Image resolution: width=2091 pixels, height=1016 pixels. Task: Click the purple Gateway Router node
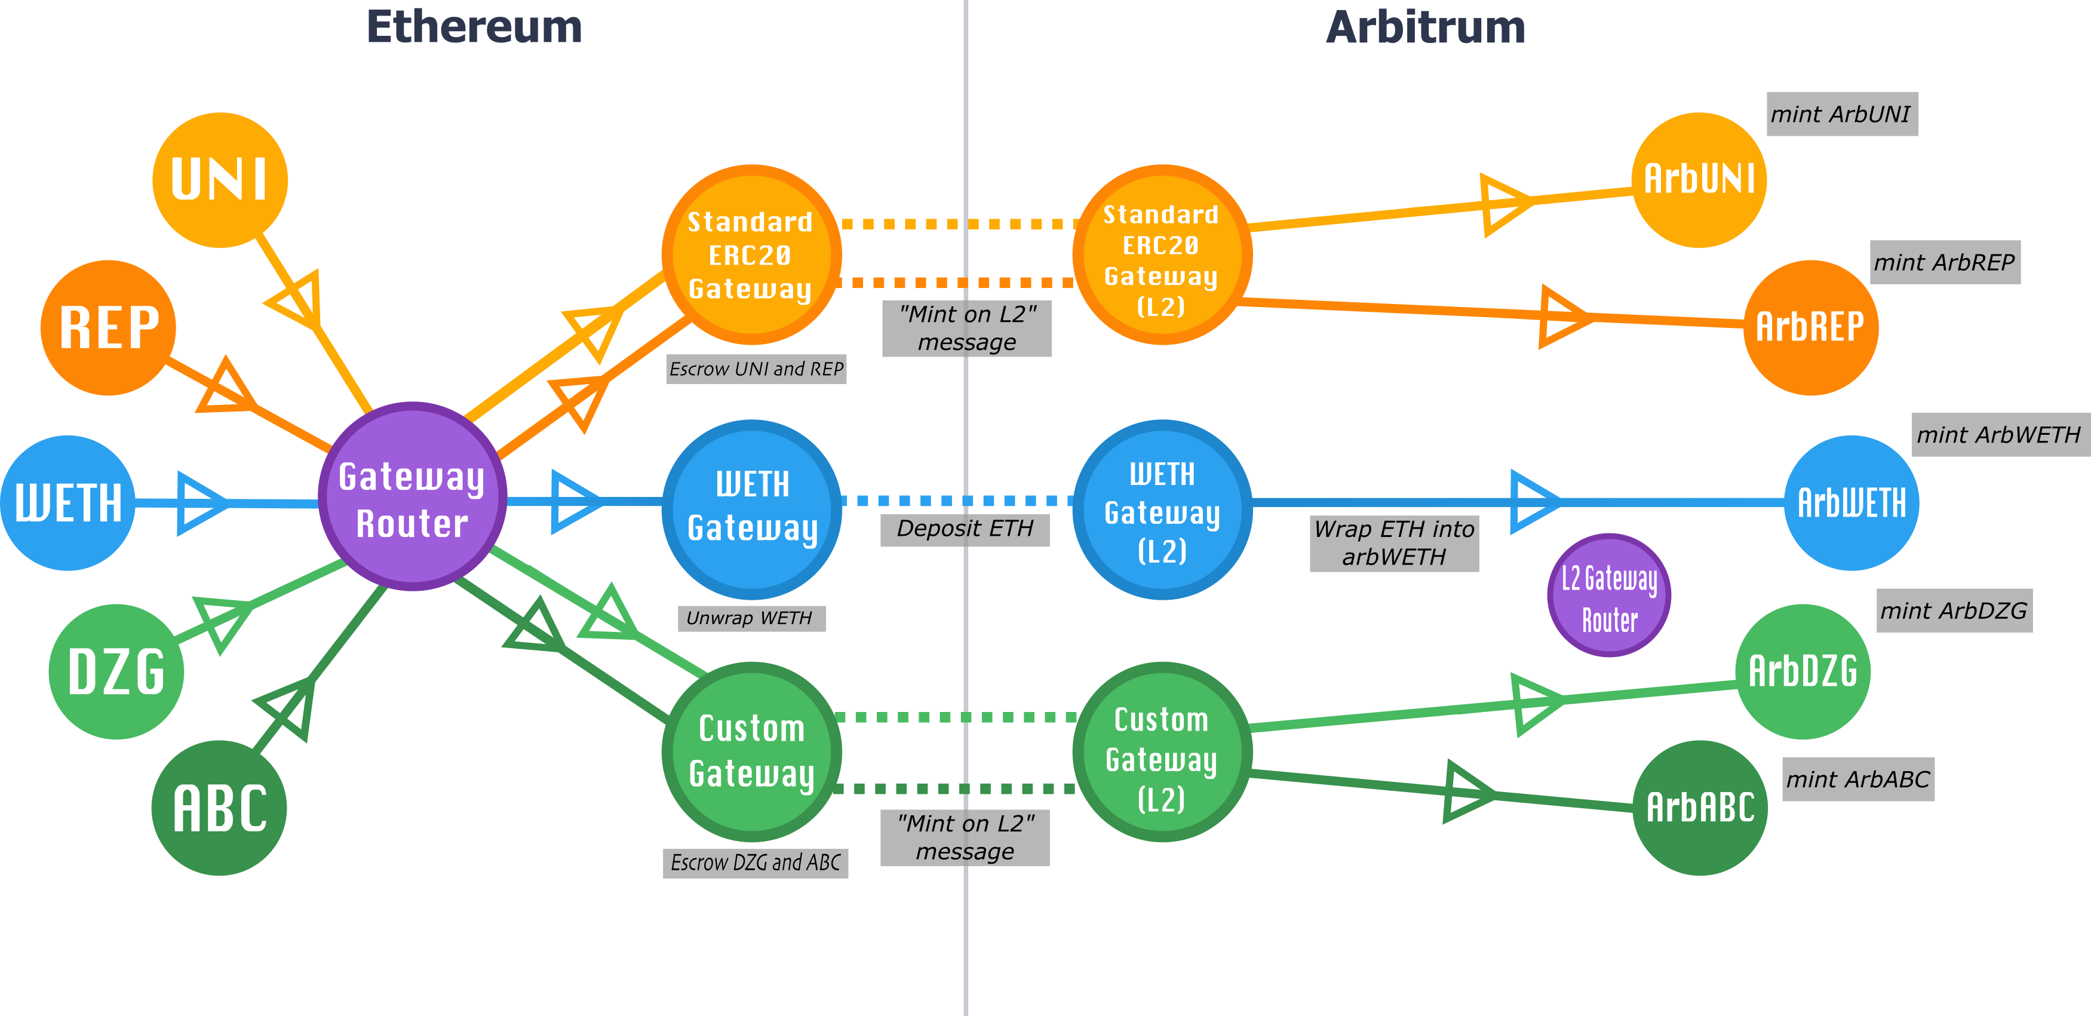point(412,496)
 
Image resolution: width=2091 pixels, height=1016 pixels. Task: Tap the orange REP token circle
point(108,327)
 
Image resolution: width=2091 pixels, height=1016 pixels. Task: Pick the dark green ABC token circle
point(219,808)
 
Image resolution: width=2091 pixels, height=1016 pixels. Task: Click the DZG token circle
point(116,671)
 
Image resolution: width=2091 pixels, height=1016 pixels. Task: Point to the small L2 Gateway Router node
point(1609,596)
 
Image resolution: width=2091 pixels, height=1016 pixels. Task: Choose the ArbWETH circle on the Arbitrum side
point(1851,502)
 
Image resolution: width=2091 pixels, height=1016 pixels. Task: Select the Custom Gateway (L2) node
point(1162,752)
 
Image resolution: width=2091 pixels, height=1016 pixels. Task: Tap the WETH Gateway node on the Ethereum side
point(752,509)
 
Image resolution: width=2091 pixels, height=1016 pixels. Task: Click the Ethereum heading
point(474,27)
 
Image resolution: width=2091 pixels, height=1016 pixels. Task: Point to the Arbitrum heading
point(1426,27)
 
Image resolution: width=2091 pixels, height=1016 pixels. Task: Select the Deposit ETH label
point(965,529)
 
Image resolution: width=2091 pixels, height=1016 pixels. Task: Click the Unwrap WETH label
point(751,618)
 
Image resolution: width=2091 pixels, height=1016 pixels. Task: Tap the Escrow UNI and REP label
point(756,369)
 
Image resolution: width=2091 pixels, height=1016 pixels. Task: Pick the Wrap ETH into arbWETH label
point(1394,543)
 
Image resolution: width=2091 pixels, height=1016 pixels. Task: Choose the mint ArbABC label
point(1858,779)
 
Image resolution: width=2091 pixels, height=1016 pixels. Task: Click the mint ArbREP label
point(1944,262)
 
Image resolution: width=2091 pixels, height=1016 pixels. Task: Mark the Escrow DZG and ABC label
point(755,862)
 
